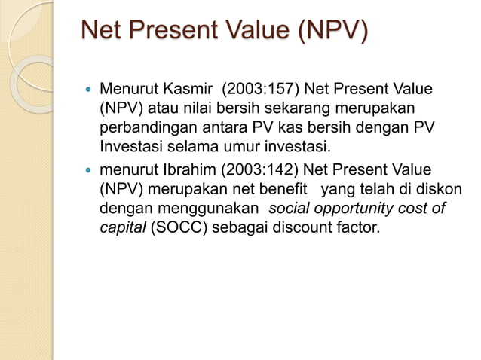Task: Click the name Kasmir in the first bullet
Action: click(x=179, y=90)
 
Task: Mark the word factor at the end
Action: click(x=354, y=226)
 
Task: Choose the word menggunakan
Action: click(x=204, y=208)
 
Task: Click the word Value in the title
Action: click(x=248, y=32)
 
